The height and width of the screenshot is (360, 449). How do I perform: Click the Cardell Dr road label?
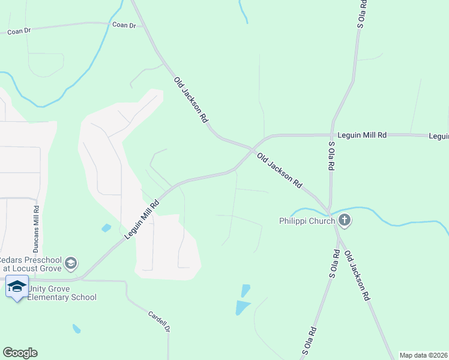160,321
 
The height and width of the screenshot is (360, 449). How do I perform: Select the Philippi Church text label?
306,221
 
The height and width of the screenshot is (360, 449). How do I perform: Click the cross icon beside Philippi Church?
344,221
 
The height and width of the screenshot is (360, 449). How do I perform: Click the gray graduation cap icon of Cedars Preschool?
71,263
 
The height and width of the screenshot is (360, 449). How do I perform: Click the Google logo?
20,353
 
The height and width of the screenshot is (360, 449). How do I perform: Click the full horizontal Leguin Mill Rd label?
361,136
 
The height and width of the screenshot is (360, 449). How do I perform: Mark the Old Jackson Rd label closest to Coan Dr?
190,100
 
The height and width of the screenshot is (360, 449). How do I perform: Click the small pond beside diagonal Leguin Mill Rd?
106,228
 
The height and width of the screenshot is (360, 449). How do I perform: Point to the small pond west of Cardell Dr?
76,329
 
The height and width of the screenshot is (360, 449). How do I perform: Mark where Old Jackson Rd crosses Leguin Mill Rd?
251,147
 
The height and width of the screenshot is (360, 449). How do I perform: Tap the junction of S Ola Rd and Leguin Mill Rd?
331,135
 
